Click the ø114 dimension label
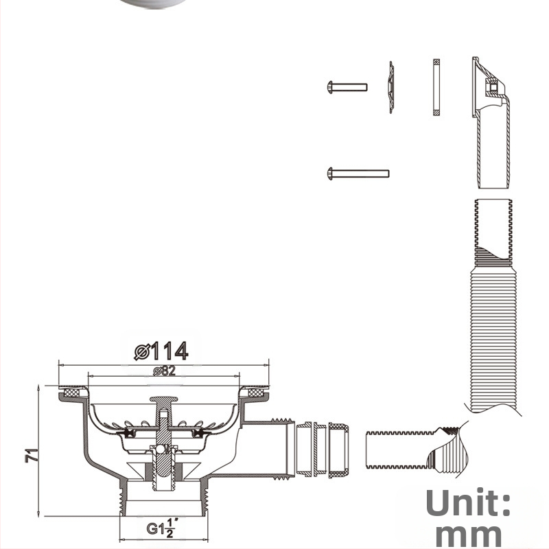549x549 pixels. click(161, 351)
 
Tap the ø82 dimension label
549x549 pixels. click(164, 371)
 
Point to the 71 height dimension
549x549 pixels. click(31, 455)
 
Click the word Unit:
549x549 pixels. click(468, 502)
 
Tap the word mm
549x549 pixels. click(469, 535)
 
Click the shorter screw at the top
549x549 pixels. click(347, 87)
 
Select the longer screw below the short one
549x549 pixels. click(358, 174)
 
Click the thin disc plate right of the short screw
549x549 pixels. click(391, 87)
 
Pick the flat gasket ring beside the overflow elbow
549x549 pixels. click(436, 87)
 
